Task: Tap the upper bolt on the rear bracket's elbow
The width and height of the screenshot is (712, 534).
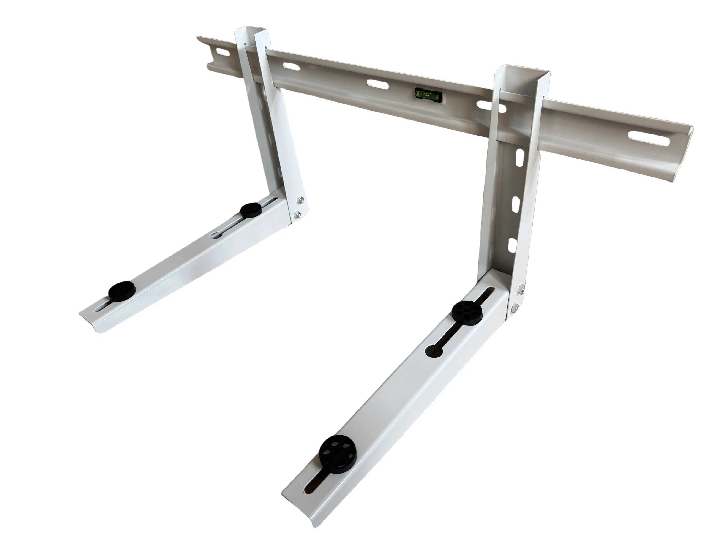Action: point(300,200)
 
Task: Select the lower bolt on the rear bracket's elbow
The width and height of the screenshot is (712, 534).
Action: point(298,213)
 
